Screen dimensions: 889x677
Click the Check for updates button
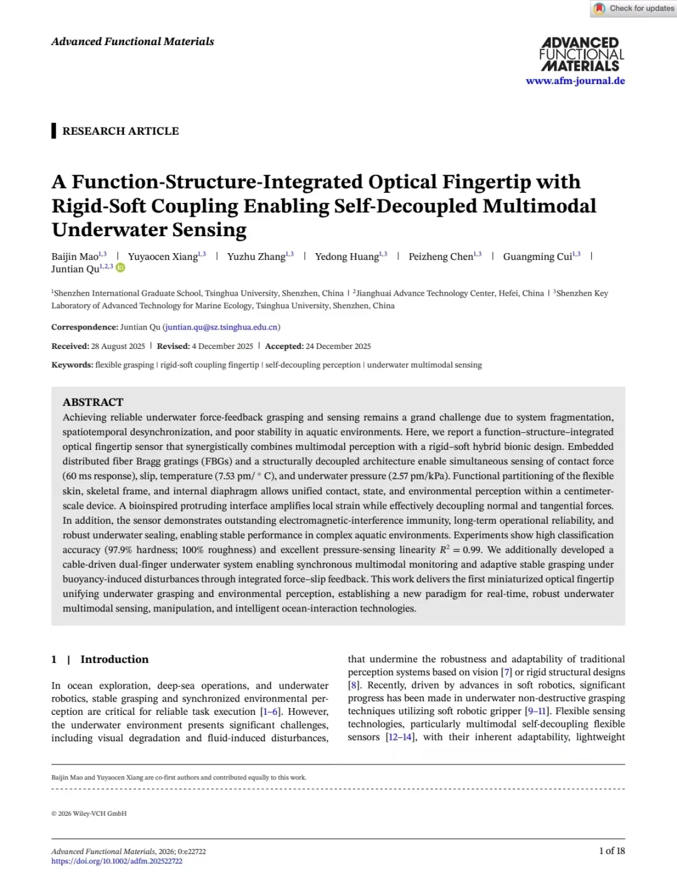coord(634,9)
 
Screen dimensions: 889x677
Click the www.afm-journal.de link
coord(575,81)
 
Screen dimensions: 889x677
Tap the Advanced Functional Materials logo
coord(581,55)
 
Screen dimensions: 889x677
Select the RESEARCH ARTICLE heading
coord(120,131)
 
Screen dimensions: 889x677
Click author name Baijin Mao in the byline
coord(75,257)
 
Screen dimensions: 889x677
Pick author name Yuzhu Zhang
coord(256,257)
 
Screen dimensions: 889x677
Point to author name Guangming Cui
coord(537,257)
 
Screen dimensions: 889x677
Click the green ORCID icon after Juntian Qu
coord(120,268)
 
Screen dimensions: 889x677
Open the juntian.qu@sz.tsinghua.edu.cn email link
coord(221,327)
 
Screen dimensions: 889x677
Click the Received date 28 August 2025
coord(118,346)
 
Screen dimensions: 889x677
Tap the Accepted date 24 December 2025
coord(338,346)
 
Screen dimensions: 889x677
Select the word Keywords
coord(71,365)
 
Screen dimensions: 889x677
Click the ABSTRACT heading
coord(93,402)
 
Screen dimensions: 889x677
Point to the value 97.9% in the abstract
coord(118,550)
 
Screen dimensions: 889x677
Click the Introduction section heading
coord(114,659)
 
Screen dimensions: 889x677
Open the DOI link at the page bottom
coord(117,861)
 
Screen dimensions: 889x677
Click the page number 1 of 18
coord(611,851)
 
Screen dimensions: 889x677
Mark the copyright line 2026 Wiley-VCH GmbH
coord(92,814)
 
